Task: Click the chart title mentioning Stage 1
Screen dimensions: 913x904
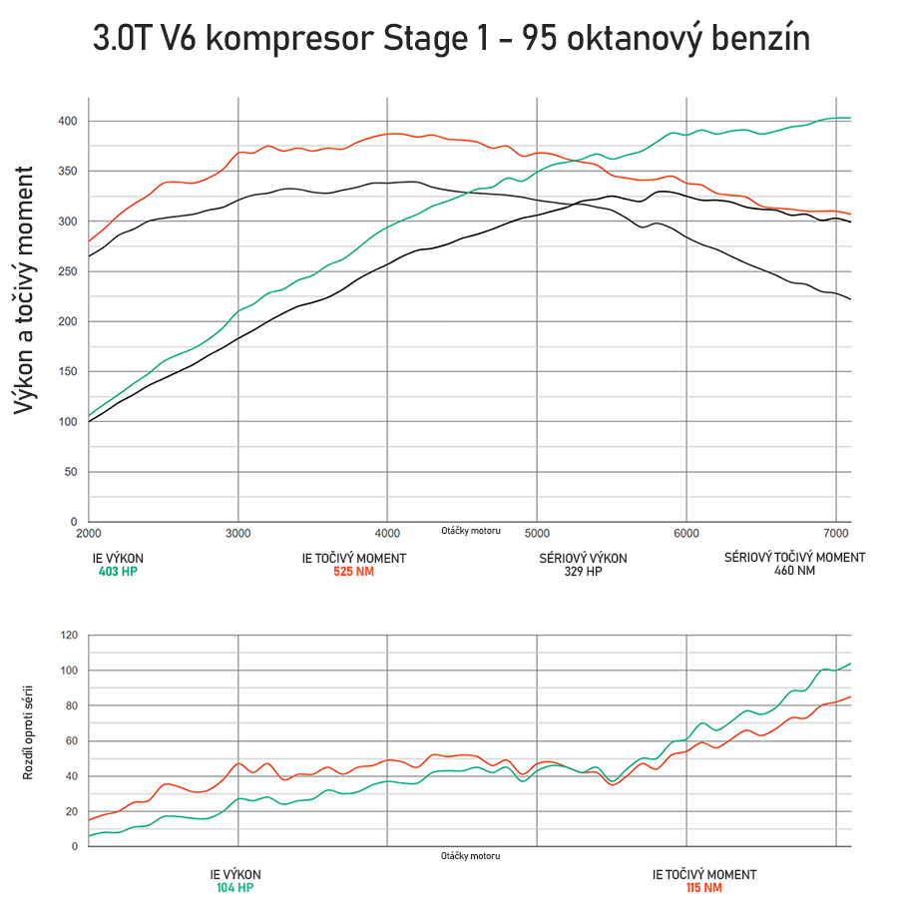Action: (x=451, y=39)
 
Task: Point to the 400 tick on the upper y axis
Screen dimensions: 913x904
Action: (x=68, y=121)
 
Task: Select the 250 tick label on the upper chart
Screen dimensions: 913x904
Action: (x=68, y=271)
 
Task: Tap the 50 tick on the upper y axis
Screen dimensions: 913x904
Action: (x=71, y=472)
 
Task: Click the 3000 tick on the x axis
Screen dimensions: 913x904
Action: (x=238, y=534)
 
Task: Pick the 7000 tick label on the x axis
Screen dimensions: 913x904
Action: (x=835, y=534)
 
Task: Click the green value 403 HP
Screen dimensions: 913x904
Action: (x=118, y=572)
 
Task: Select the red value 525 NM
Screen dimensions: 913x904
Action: (x=353, y=572)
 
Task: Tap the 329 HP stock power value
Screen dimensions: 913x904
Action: (x=583, y=572)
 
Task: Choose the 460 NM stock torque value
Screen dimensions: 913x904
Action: (x=794, y=571)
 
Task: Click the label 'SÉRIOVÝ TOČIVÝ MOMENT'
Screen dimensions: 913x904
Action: (x=794, y=557)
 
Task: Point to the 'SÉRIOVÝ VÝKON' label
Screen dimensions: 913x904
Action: (x=583, y=558)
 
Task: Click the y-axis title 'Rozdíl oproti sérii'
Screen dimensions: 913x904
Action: (x=29, y=732)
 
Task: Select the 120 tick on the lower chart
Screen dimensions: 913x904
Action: (x=68, y=635)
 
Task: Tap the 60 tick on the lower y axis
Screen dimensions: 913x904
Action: (x=71, y=740)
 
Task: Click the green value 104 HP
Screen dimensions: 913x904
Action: (x=235, y=887)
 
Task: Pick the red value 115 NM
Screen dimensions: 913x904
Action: (x=703, y=887)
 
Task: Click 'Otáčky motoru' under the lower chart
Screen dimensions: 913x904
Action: (x=470, y=856)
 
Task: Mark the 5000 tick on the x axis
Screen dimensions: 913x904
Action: (x=537, y=534)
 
